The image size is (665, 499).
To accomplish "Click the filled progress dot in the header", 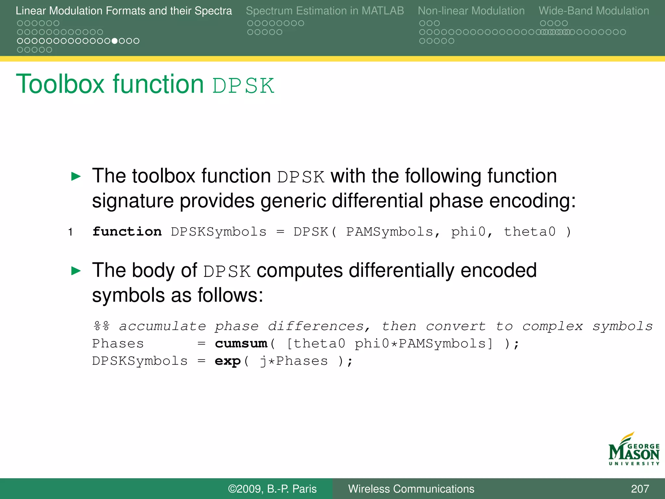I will [115, 41].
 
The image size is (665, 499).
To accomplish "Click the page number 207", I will [640, 489].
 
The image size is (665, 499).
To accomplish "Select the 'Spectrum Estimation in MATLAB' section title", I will [325, 11].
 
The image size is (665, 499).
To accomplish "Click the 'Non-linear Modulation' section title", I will [471, 11].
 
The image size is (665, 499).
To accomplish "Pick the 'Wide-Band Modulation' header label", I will [594, 11].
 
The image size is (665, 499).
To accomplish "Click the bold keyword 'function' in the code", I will [127, 232].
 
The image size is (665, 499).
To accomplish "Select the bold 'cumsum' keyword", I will [241, 344].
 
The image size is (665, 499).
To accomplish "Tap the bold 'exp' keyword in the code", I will [228, 361].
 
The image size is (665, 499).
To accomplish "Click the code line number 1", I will [70, 232].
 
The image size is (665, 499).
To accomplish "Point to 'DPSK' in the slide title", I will [243, 86].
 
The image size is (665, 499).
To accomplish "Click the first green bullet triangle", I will [76, 176].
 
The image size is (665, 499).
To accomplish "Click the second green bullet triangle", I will [76, 271].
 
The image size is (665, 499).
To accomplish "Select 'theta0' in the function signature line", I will [530, 232].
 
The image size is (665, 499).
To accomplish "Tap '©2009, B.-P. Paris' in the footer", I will [272, 489].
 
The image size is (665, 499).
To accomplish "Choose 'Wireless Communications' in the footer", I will [411, 489].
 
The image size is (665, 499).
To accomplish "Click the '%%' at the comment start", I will [101, 326].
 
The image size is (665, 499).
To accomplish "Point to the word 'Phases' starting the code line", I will [118, 344].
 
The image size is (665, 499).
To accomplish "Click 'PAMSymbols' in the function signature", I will [390, 232].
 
